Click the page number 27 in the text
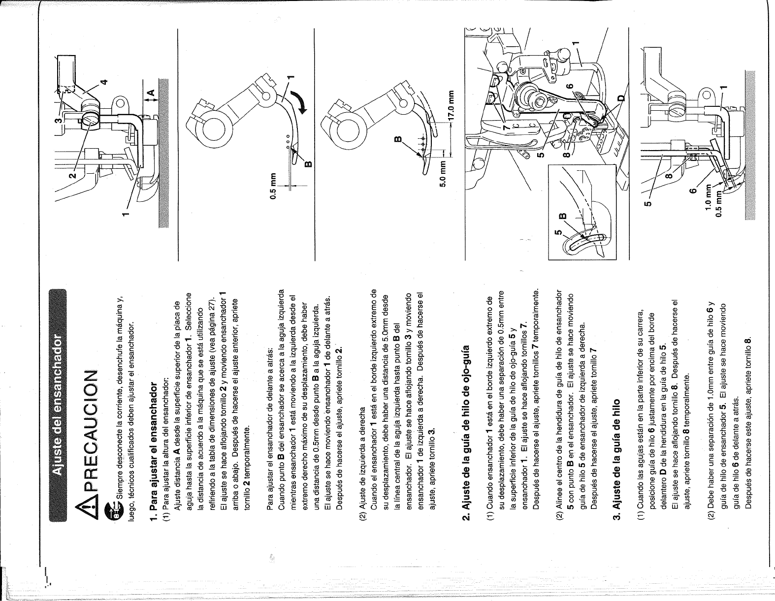pos(212,306)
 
